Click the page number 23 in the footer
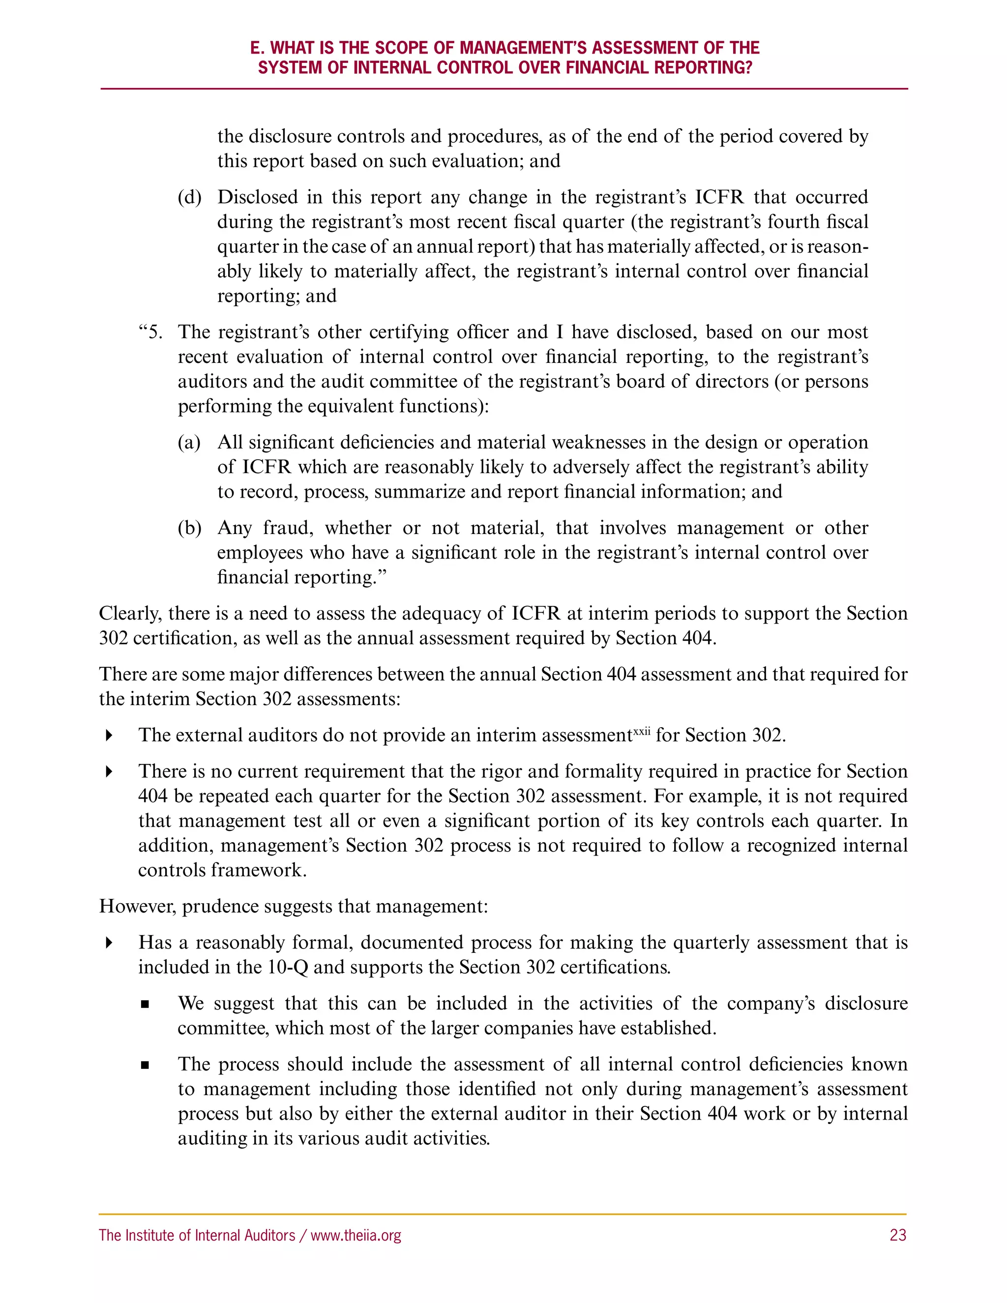pos(897,1235)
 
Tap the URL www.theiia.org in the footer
pos(355,1235)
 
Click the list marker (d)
pos(189,198)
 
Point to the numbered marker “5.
pos(150,332)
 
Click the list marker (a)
pos(189,443)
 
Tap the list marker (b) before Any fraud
pos(189,528)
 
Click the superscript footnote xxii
pos(641,730)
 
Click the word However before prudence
pos(137,906)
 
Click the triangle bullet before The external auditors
pos(109,736)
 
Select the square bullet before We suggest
pos(145,1005)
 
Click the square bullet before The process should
pos(145,1066)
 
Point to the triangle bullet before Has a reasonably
pos(109,943)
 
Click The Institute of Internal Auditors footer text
pos(197,1235)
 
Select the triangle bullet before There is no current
pos(109,772)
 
